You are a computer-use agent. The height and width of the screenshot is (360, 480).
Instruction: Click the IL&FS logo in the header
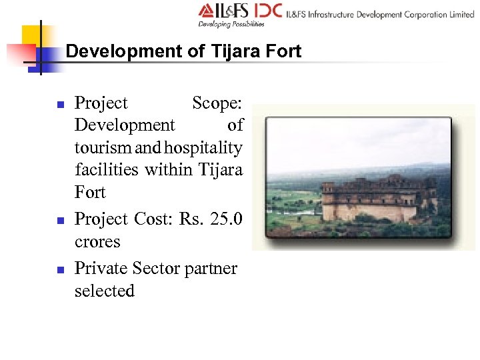[x=225, y=11]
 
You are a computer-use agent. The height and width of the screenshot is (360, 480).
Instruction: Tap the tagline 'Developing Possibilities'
[x=231, y=24]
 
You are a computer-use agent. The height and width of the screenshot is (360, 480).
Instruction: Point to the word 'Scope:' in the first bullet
[x=217, y=103]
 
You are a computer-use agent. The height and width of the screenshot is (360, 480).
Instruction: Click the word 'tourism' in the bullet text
[x=101, y=147]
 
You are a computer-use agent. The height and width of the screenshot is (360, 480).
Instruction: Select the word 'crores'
[x=97, y=241]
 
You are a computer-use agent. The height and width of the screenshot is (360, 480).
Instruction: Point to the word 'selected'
[x=105, y=291]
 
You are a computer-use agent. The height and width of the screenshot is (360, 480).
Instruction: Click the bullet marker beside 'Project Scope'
[x=60, y=105]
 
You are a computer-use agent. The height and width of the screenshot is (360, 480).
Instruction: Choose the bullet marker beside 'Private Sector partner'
[x=60, y=269]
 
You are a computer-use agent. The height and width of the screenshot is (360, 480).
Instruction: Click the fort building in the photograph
[x=377, y=200]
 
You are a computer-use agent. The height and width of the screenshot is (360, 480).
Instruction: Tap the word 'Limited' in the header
[x=461, y=14]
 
